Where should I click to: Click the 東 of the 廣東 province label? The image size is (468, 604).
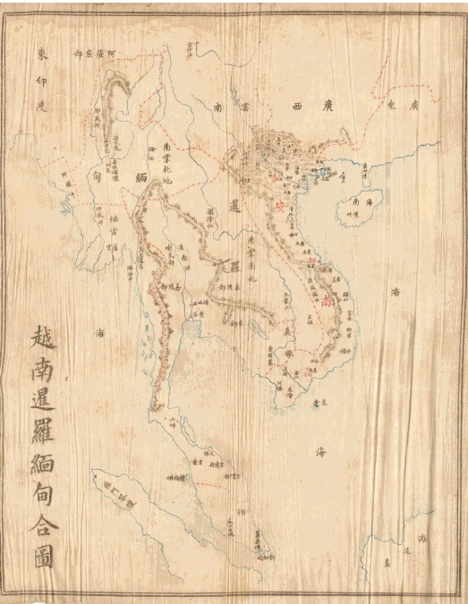(x=391, y=105)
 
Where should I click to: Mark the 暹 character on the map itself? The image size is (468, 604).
(x=234, y=208)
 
